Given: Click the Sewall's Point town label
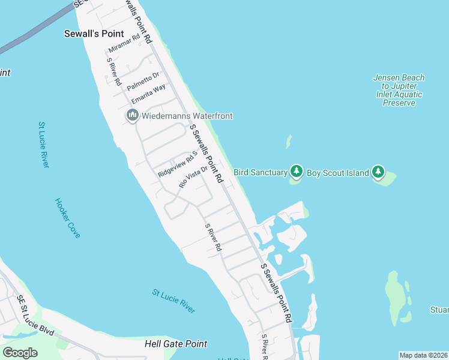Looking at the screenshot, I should [94, 34].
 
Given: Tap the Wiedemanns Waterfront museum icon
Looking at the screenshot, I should [133, 115].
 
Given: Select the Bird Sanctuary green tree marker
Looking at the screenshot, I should [296, 172].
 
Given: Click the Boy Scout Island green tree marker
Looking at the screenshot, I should [378, 172].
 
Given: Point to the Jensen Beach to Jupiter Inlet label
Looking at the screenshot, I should [399, 90].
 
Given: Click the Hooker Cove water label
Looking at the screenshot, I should [67, 218].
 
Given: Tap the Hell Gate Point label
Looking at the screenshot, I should [176, 344].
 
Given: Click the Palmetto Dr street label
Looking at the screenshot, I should [143, 81].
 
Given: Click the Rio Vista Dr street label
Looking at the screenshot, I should [193, 177].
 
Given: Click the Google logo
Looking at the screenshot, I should [20, 353].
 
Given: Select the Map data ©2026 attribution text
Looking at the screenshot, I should [423, 355].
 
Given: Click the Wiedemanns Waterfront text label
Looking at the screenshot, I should [187, 116].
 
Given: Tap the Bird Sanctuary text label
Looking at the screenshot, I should [261, 173].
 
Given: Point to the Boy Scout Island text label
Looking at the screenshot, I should [337, 173].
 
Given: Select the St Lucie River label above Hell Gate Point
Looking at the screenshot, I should [173, 301].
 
